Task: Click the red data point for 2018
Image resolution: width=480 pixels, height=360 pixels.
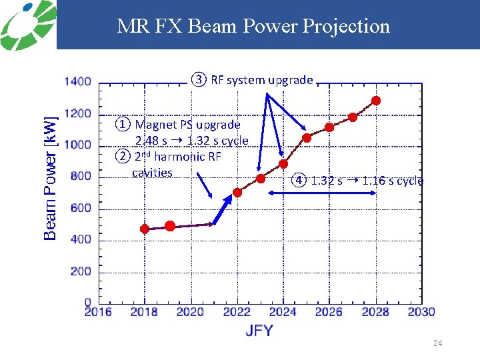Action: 145,229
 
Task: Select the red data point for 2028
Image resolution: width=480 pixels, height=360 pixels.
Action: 376,101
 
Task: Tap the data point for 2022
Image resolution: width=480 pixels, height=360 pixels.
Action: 237,193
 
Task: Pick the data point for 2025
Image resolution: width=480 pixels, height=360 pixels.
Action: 307,138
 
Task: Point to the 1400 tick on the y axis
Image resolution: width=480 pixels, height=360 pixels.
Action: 78,82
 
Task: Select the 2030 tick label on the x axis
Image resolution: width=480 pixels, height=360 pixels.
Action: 421,312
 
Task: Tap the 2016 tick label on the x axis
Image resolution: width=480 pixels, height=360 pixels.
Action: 98,312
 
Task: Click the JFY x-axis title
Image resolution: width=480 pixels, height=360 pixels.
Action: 259,331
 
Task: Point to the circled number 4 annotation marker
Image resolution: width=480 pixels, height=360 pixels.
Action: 300,181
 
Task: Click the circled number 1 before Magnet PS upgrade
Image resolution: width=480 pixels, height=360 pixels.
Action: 123,124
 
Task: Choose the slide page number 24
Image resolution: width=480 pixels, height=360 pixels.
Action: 437,343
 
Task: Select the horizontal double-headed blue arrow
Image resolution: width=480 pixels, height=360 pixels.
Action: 322,193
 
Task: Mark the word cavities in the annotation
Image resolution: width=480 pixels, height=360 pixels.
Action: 152,173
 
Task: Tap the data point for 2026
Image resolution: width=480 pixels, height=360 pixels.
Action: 329,127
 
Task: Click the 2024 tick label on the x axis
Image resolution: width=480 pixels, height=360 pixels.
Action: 283,312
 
